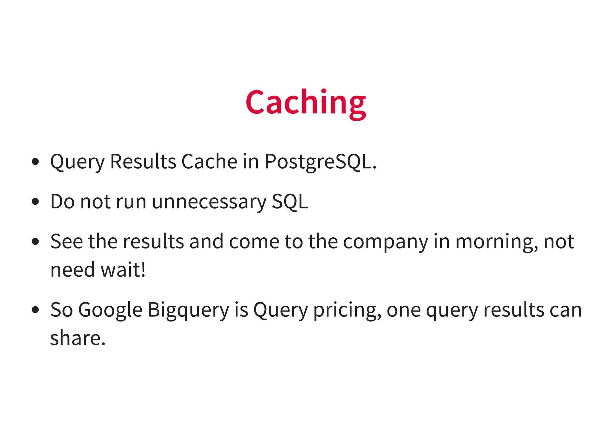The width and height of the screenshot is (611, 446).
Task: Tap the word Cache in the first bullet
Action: point(209,162)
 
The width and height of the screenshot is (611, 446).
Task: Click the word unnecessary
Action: point(209,202)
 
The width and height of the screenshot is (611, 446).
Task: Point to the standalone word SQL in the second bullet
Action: point(290,202)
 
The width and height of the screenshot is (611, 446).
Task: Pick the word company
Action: point(385,242)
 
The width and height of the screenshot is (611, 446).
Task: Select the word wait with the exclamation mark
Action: point(123,270)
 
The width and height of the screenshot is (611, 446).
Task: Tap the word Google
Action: point(110,310)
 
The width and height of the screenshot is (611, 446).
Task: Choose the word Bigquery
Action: point(188,310)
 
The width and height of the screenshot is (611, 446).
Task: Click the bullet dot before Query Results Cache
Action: point(35,162)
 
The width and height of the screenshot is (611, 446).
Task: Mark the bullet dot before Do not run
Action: point(35,202)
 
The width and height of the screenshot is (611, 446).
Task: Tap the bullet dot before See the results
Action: point(35,241)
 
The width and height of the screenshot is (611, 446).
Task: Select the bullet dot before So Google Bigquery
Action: point(35,310)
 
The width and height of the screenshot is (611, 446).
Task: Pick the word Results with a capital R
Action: point(143,162)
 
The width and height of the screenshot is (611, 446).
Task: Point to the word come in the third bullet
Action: point(254,241)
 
